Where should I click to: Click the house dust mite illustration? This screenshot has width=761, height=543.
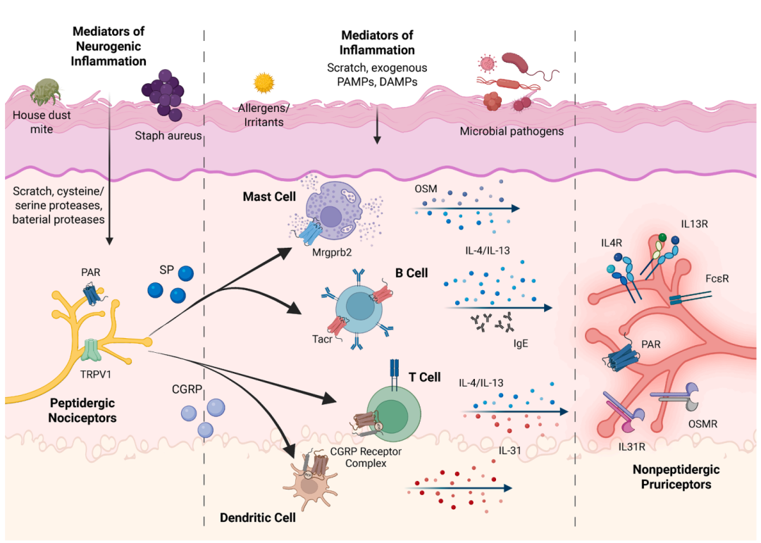(44, 91)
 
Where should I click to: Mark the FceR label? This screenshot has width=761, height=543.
(716, 279)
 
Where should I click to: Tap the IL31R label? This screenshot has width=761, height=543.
(634, 446)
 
